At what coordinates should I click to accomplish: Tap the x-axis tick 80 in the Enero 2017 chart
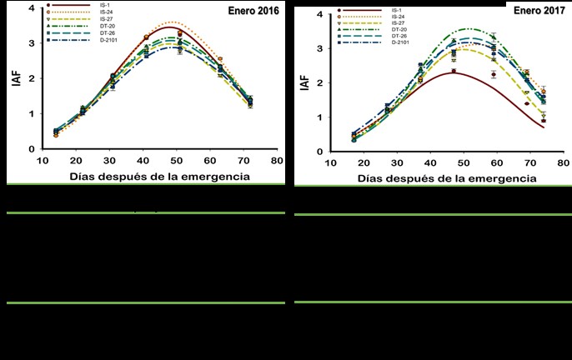(563, 162)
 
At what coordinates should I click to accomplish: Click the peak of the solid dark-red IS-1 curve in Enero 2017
(452, 72)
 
